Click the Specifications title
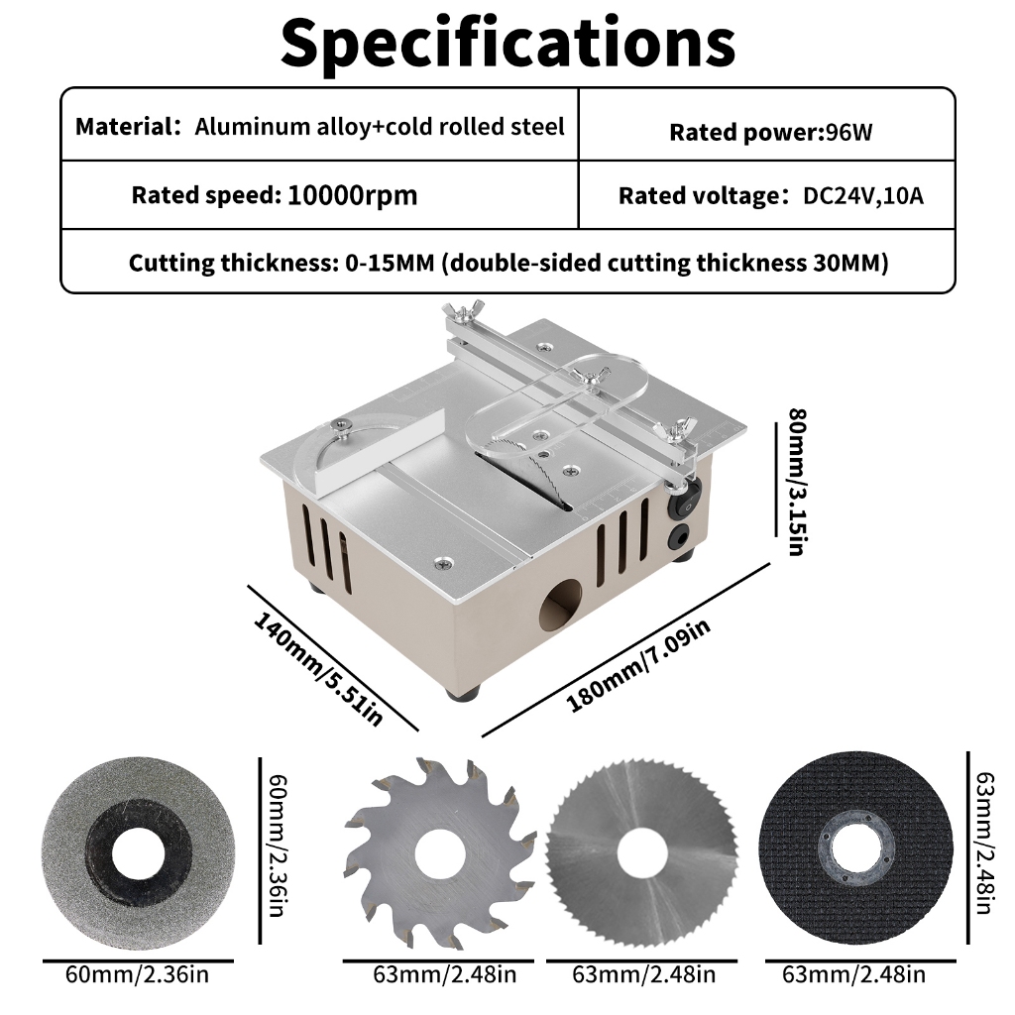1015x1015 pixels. [x=507, y=44]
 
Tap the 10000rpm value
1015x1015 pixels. [x=352, y=195]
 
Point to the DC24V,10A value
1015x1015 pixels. [x=863, y=195]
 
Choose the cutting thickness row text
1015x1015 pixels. [x=508, y=263]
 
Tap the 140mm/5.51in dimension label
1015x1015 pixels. [x=318, y=669]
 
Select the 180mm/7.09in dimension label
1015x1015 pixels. [x=638, y=665]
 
